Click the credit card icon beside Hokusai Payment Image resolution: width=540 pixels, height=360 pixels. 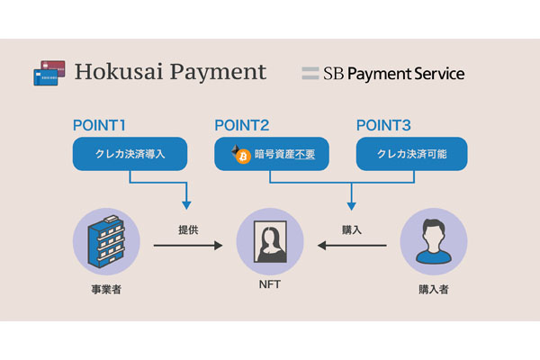tap(48, 73)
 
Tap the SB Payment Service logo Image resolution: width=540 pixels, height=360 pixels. tap(382, 73)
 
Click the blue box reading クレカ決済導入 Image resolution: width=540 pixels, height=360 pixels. tap(130, 154)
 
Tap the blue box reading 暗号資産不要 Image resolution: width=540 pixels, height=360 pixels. tap(272, 154)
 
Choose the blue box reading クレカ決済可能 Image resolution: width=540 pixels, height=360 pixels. tap(413, 154)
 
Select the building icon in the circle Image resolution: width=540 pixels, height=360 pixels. tap(106, 242)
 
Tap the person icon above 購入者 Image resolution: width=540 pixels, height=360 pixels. tap(433, 242)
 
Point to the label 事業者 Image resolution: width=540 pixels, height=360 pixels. tap(106, 291)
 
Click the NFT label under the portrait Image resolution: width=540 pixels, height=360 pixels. tap(270, 291)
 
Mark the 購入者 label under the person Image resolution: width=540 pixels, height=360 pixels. tap(433, 291)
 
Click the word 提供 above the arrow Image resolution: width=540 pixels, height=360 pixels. tap(188, 229)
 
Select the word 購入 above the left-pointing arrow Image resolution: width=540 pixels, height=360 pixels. tap(352, 229)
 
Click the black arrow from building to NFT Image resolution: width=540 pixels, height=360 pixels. tap(187, 244)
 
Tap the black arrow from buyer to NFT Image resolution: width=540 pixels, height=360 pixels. tap(352, 244)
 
